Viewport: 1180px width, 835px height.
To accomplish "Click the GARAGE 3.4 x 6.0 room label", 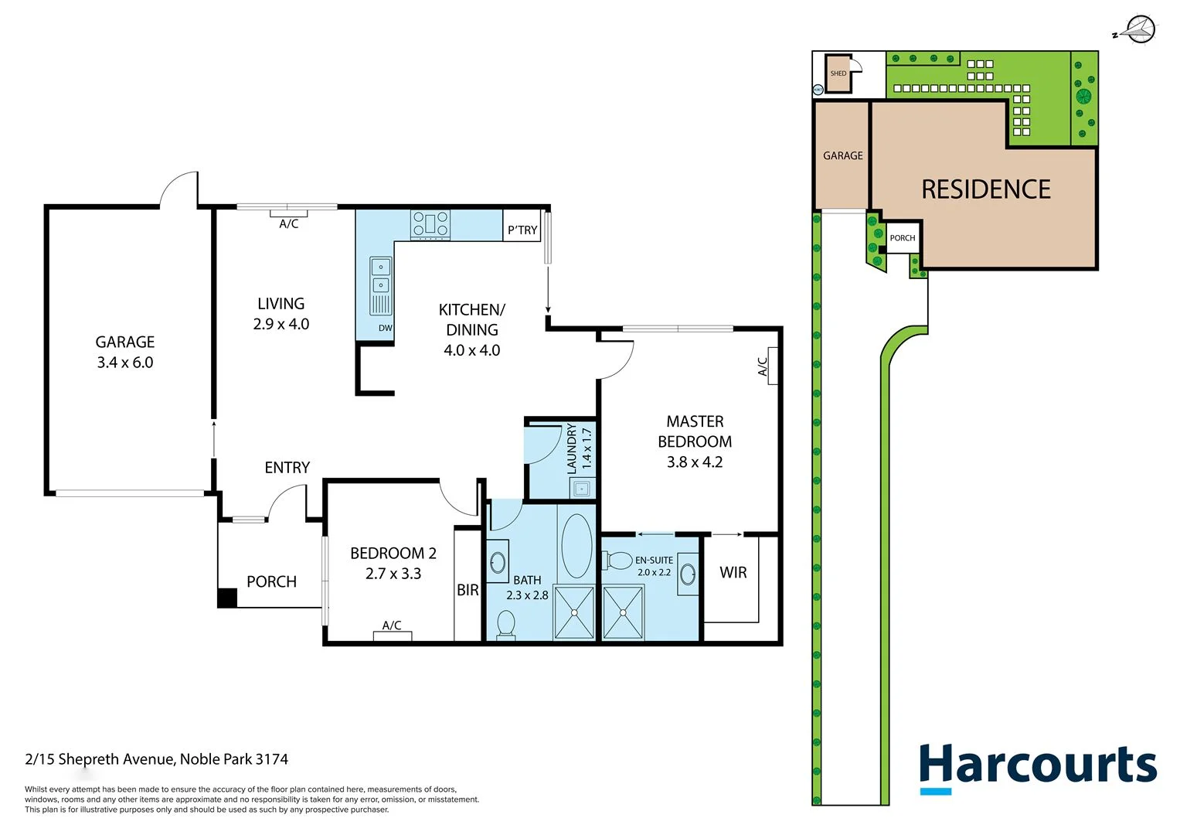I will pos(124,352).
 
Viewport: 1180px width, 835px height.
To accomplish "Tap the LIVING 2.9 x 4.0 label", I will pos(281,314).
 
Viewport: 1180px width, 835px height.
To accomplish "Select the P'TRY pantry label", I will pos(522,230).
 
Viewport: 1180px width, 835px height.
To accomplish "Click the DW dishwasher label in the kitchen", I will pos(385,328).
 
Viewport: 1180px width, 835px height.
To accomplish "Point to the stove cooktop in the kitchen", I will pos(430,224).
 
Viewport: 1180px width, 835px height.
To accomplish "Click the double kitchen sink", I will pos(380,276).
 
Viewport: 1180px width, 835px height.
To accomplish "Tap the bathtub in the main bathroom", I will pos(576,546).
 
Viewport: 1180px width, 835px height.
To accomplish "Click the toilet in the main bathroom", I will pos(506,624).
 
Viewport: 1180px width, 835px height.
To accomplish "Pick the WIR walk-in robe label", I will pos(733,573).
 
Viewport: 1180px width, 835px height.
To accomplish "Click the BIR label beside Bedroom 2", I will pos(468,590).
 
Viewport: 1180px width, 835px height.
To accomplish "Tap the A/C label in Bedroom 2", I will pos(392,625).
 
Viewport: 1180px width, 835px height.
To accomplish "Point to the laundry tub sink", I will pos(581,489).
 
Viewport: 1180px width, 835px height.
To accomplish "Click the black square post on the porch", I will pos(227,598).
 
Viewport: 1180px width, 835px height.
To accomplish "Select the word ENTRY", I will pos(287,468).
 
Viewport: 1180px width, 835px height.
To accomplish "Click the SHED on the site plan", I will pos(838,73).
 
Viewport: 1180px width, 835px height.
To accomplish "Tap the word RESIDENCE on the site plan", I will pos(985,189).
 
